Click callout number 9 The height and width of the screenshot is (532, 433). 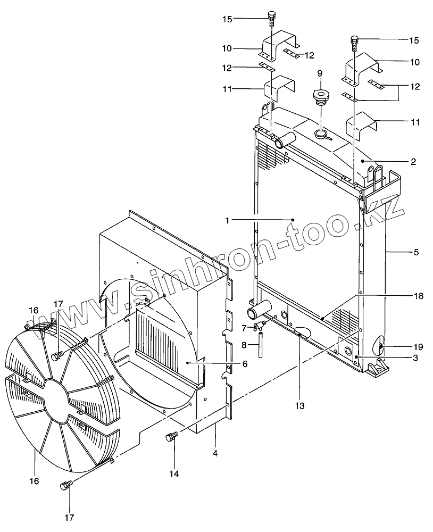click(x=320, y=72)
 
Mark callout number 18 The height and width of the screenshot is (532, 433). click(x=419, y=296)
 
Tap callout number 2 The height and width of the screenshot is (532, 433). click(x=413, y=161)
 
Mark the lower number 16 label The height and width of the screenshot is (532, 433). click(x=34, y=481)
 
